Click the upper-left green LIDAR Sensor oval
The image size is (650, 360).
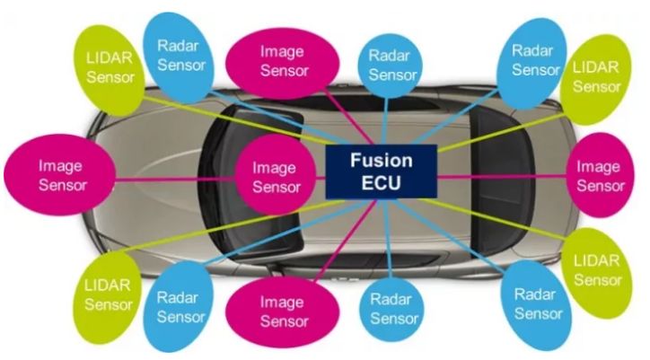click(110, 66)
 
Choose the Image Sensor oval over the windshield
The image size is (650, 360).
click(276, 177)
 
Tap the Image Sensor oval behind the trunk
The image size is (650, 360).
click(600, 176)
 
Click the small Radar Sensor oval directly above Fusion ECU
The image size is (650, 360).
click(392, 66)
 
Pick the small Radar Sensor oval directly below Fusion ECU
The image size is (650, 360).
click(394, 308)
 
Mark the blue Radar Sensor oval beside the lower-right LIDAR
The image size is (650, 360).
click(538, 303)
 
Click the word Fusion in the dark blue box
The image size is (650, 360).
click(381, 162)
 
